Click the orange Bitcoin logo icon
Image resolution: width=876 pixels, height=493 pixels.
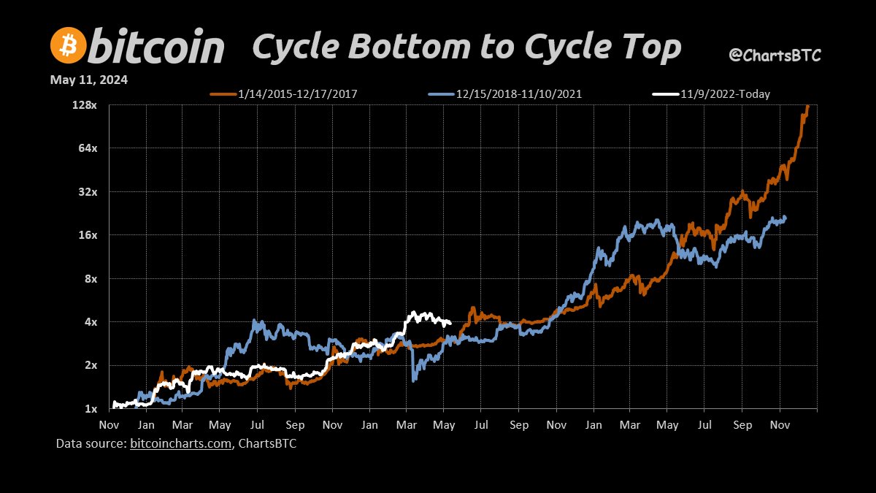point(68,47)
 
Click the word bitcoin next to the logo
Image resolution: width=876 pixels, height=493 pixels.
point(157,47)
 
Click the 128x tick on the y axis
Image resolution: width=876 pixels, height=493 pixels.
point(85,105)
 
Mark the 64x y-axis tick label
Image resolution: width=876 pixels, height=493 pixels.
point(88,148)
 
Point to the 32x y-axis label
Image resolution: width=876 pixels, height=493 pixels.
point(88,191)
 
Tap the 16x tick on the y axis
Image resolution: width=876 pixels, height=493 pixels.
point(88,235)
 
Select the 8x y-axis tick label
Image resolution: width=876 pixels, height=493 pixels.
point(91,278)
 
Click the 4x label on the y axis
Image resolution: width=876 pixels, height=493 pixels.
point(91,321)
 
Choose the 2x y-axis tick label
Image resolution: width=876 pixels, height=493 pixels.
point(91,365)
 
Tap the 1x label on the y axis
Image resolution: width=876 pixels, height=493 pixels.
point(91,408)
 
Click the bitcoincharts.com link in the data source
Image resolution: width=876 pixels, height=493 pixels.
point(181,443)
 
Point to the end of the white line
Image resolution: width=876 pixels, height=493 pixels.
point(450,323)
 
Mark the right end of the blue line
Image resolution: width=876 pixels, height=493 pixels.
point(785,217)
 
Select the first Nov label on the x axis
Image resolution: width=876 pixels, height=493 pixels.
point(109,424)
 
